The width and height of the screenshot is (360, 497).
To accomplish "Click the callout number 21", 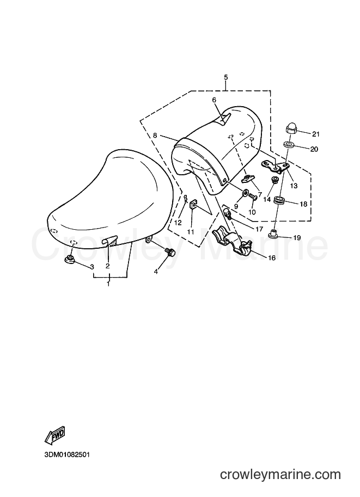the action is click(x=315, y=134).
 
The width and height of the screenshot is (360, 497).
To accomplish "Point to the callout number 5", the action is click(x=226, y=77).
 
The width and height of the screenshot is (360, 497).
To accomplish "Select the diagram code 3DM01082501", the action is click(x=67, y=455).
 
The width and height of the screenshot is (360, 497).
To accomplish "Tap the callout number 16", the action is click(x=272, y=258).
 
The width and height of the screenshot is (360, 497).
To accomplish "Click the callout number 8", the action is click(x=155, y=136).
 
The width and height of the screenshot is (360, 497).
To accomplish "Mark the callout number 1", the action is click(x=108, y=284).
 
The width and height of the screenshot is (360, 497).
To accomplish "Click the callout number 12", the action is click(x=178, y=223).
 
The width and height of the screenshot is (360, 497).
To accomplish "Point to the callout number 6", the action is click(x=214, y=100).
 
